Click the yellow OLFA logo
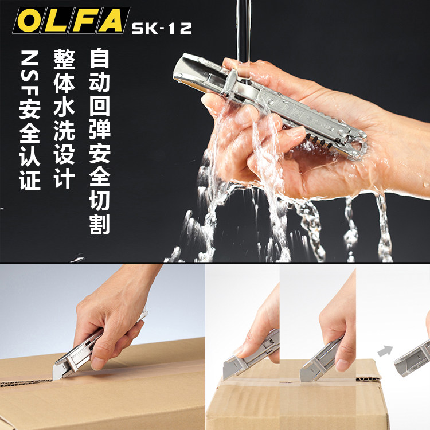pos(71,20)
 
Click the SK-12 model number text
pos(162,28)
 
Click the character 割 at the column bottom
pos(100,224)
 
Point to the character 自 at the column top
pos(100,58)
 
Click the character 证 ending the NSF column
pos(30,180)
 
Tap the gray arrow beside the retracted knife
pos(385,351)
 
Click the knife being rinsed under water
pos(270,105)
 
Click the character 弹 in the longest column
pos(100,129)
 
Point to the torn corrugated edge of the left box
pos(26,382)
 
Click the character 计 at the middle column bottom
pos(64,178)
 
